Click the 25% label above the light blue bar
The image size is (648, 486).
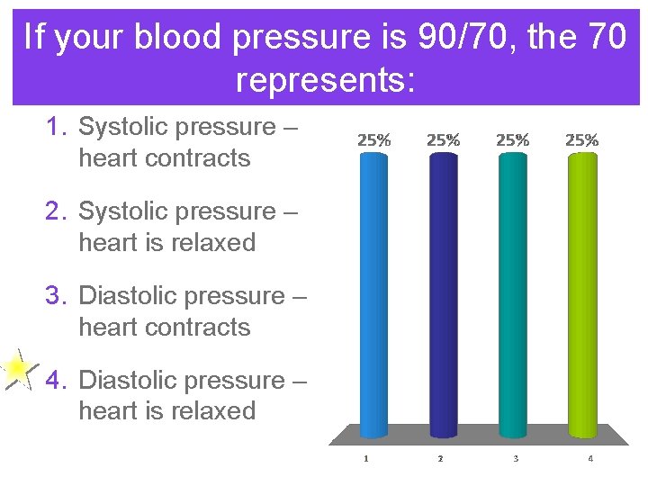(x=374, y=140)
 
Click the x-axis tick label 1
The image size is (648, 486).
(x=365, y=459)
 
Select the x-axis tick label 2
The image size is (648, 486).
(x=440, y=459)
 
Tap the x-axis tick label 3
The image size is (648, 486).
(x=516, y=459)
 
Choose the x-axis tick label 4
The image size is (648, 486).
(x=590, y=459)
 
